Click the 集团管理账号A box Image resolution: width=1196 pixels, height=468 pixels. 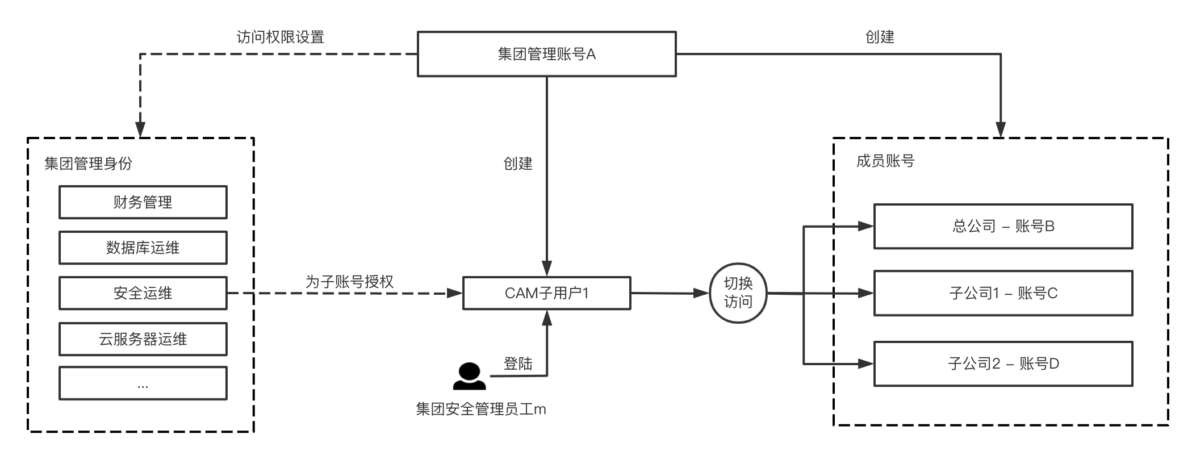[546, 54]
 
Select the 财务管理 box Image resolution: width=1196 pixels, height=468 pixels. [143, 202]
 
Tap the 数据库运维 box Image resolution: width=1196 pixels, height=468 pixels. [143, 248]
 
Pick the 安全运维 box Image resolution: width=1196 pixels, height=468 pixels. [143, 293]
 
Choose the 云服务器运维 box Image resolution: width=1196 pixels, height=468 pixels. [143, 339]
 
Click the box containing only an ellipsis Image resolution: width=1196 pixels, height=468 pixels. [143, 383]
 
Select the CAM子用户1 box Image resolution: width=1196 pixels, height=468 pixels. [546, 293]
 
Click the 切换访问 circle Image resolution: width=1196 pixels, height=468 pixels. [738, 293]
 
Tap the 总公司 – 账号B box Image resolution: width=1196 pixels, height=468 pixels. [1003, 227]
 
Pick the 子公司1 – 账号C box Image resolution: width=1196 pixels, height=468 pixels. [1003, 293]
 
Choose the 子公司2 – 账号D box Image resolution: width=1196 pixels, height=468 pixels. [1003, 363]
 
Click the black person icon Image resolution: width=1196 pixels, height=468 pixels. [469, 376]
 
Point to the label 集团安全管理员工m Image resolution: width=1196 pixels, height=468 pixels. [480, 409]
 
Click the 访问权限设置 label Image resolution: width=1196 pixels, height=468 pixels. [280, 37]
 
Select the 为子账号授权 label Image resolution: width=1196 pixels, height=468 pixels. [349, 282]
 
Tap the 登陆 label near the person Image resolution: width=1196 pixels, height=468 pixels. [518, 363]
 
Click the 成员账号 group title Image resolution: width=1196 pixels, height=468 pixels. [885, 161]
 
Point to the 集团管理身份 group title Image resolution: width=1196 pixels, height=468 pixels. [88, 164]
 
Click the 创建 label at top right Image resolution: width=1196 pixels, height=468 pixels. [879, 37]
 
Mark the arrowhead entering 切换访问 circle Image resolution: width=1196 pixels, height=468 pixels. [702, 294]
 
